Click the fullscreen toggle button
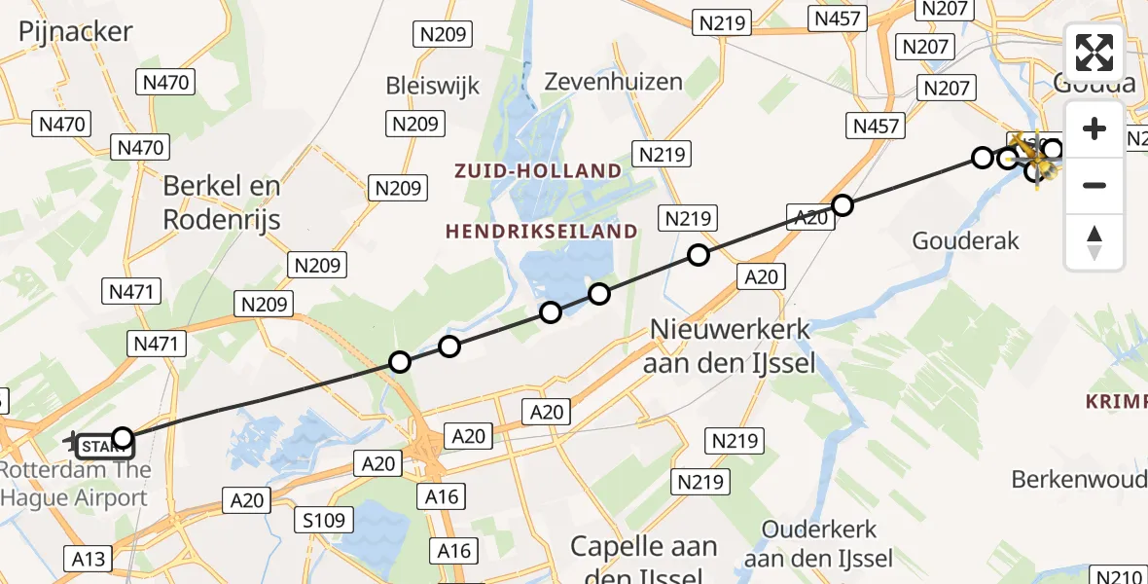[x=1094, y=53]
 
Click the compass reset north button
[x=1094, y=242]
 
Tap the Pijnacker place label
[x=75, y=31]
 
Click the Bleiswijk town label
[x=433, y=86]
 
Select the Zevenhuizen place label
[x=613, y=82]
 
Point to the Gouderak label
[x=965, y=240]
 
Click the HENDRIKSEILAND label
[x=542, y=232]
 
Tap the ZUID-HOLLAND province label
[x=537, y=171]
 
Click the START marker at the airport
[x=101, y=447]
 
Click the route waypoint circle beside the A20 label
[x=843, y=204]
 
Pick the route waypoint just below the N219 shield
[x=699, y=255]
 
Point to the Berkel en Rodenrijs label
[x=222, y=202]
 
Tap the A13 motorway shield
[x=89, y=559]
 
